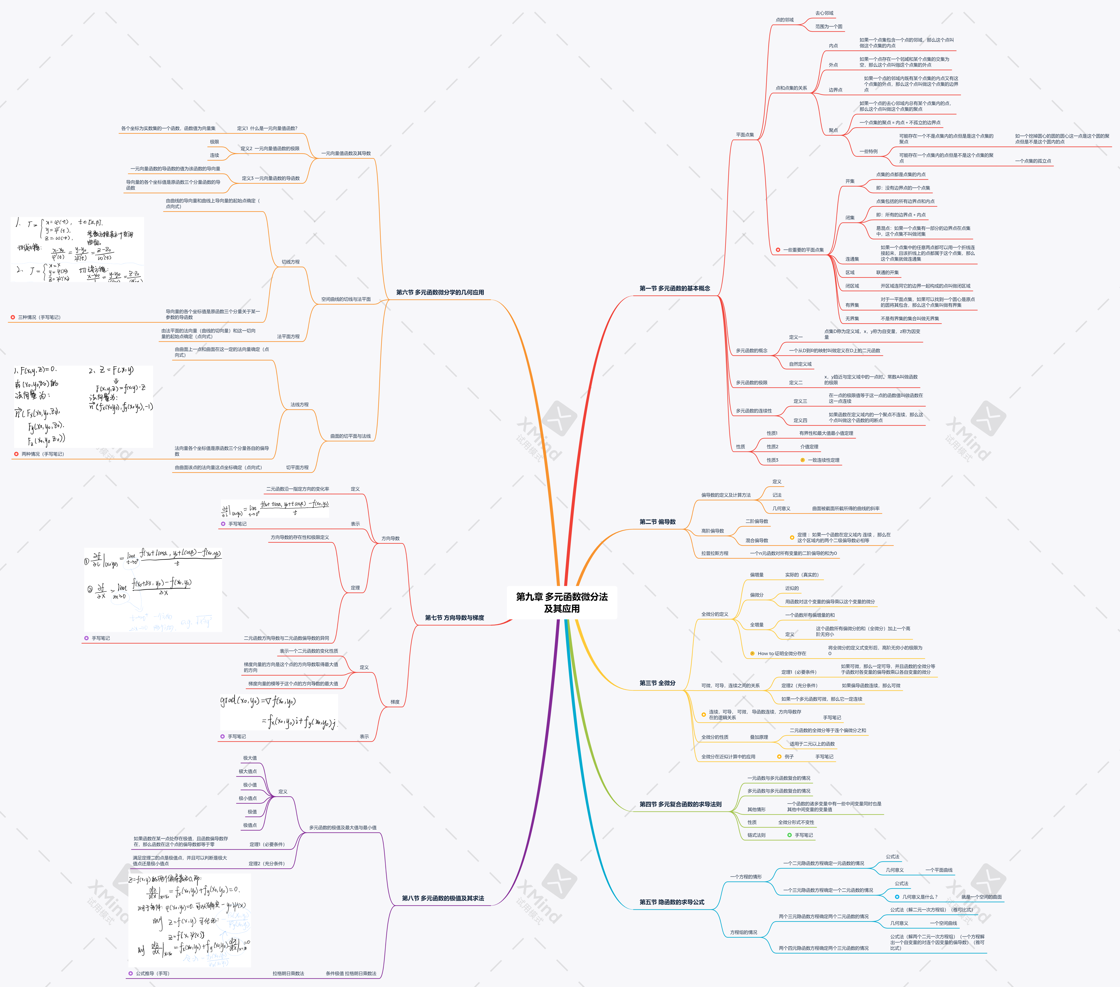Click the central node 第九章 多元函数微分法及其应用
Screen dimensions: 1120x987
click(562, 602)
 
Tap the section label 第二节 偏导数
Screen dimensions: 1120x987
click(657, 522)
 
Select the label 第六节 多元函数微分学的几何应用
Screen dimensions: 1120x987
click(440, 292)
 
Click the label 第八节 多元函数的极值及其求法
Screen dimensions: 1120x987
click(443, 898)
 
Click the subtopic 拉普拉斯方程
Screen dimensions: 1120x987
click(714, 554)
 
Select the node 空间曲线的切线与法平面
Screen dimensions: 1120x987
click(346, 299)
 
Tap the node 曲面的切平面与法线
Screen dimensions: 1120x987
click(350, 436)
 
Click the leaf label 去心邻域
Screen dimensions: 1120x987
click(824, 13)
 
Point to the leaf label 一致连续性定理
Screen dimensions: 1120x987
click(823, 460)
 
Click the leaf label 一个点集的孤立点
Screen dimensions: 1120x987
click(1033, 161)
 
